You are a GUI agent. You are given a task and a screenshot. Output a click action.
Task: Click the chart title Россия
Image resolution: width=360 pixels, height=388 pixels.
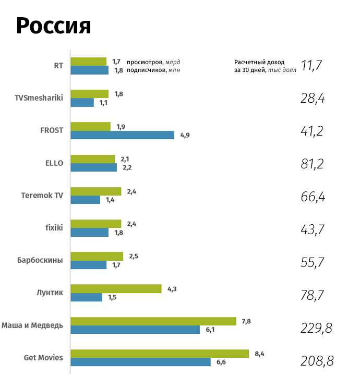(54, 26)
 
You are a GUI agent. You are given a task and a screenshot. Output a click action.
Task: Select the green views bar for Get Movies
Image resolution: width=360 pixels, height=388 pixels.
(160, 354)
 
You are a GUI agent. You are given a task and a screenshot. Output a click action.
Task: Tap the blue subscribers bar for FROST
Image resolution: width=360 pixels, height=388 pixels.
(123, 135)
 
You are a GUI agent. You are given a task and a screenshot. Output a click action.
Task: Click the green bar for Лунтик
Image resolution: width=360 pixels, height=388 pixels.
(116, 288)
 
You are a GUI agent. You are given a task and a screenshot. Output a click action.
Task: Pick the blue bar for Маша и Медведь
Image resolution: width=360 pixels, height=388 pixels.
(135, 330)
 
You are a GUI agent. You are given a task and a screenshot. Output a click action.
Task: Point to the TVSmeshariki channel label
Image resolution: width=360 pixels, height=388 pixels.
(39, 98)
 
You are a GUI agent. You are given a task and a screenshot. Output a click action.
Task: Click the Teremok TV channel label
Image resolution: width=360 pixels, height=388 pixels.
(42, 195)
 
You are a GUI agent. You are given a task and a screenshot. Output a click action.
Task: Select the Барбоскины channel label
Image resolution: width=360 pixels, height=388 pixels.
(40, 260)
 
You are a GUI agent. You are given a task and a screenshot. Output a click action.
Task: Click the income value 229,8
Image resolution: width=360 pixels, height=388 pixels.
(317, 328)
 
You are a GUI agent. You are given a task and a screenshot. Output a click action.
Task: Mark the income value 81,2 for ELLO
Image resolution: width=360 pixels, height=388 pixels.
(313, 164)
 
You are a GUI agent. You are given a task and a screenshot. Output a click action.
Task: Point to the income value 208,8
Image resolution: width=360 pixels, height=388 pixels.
(317, 361)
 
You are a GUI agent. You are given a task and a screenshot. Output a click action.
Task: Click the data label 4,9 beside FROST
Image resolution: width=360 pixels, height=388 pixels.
(185, 135)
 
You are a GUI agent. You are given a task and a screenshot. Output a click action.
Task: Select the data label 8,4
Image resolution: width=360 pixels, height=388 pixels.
(259, 354)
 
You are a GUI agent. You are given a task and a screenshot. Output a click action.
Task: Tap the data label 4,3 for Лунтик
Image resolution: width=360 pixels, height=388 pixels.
(172, 288)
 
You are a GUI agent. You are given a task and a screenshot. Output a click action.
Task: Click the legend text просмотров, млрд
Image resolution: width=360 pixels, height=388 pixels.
(156, 62)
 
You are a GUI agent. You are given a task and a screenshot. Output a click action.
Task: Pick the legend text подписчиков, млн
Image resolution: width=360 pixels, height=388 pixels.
(157, 70)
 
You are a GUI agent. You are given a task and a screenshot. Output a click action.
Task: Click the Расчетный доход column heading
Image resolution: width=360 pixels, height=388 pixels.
(259, 62)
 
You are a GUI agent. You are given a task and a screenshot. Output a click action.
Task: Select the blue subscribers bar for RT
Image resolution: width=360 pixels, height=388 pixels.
(89, 70)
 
